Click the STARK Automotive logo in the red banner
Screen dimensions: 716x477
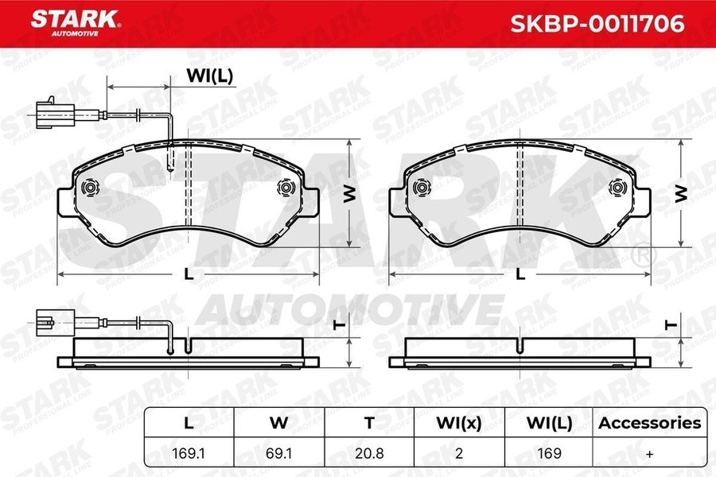tap(76, 22)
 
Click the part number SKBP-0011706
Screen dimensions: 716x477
tap(597, 24)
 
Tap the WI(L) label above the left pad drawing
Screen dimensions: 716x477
tap(209, 76)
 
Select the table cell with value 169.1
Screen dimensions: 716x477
tap(188, 453)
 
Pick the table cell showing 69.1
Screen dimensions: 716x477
tap(278, 453)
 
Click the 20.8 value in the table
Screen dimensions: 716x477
tap(369, 453)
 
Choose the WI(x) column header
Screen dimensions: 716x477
tap(459, 423)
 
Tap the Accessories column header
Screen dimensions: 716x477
tap(650, 423)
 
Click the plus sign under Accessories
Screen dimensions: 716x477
tap(650, 454)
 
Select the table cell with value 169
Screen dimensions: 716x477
tap(549, 453)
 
